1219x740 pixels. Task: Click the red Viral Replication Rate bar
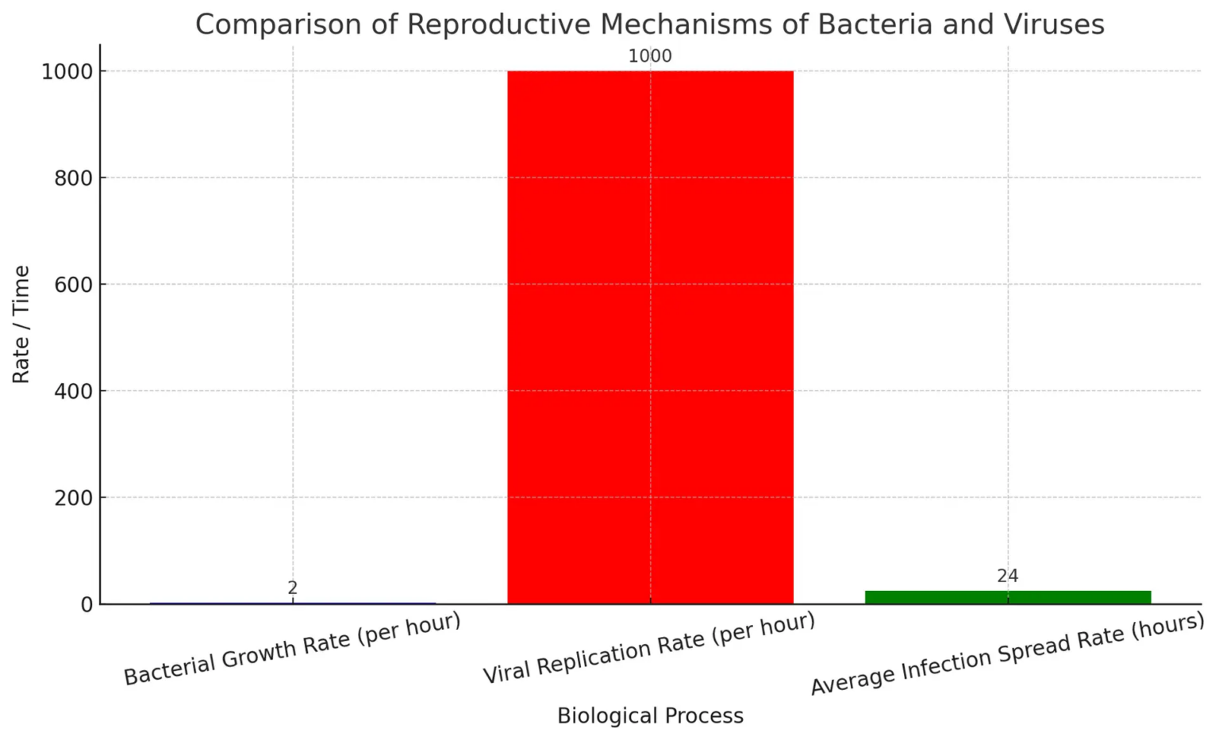(x=650, y=337)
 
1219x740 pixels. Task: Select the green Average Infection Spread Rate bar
(x=1007, y=596)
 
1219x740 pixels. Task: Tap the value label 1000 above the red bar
(x=650, y=56)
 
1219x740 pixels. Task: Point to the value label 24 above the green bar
(x=1007, y=576)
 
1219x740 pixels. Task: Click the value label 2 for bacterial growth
(x=293, y=588)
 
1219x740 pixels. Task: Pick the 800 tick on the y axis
(x=74, y=178)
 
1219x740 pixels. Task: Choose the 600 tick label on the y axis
(x=74, y=284)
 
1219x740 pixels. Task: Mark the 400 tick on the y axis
(x=74, y=391)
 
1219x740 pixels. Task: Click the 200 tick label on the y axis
(x=74, y=497)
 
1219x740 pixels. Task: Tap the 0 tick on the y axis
(x=86, y=604)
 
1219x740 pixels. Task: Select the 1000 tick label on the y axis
(x=67, y=71)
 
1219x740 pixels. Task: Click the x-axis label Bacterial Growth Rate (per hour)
(x=293, y=648)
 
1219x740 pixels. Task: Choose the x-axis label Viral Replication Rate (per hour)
(x=650, y=648)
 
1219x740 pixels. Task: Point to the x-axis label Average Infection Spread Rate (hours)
(x=1007, y=654)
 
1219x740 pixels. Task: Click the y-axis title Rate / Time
(x=21, y=324)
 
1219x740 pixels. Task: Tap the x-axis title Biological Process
(x=650, y=716)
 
